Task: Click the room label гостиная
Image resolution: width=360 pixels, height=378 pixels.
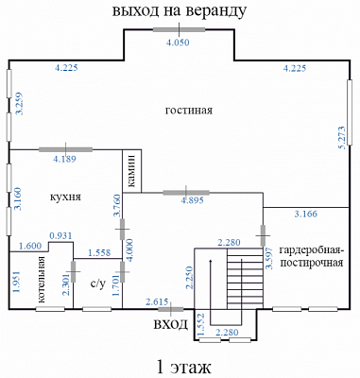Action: pos(189,111)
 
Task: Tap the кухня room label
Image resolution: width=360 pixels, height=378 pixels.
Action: pos(65,197)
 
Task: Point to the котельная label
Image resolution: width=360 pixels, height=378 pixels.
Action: pos(42,280)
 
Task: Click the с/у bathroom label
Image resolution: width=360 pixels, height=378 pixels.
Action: pos(97,283)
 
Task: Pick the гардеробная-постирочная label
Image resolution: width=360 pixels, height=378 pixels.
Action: pos(311,256)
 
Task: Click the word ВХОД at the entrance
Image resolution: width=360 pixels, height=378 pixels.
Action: pos(170,324)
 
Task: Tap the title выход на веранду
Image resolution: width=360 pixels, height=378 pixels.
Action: pos(180,10)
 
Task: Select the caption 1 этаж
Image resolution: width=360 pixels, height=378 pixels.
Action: pos(183,367)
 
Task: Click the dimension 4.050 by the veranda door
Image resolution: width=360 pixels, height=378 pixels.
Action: pos(178,43)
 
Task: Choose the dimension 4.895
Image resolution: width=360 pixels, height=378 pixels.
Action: pos(192,200)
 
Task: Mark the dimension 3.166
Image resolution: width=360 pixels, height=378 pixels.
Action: pos(306,215)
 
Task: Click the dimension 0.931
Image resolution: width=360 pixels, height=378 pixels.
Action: pos(60,235)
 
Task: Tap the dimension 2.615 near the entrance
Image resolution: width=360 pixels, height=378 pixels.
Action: pos(157,302)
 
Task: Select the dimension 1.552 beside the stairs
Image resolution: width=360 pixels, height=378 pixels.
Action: pos(201,324)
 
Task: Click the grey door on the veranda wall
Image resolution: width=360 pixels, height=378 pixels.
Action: pos(179,30)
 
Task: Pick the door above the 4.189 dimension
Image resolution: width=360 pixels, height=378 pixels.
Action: pos(65,149)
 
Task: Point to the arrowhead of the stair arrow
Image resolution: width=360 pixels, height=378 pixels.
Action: pos(211,262)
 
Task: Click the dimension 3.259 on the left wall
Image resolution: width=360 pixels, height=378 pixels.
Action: pos(20,103)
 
